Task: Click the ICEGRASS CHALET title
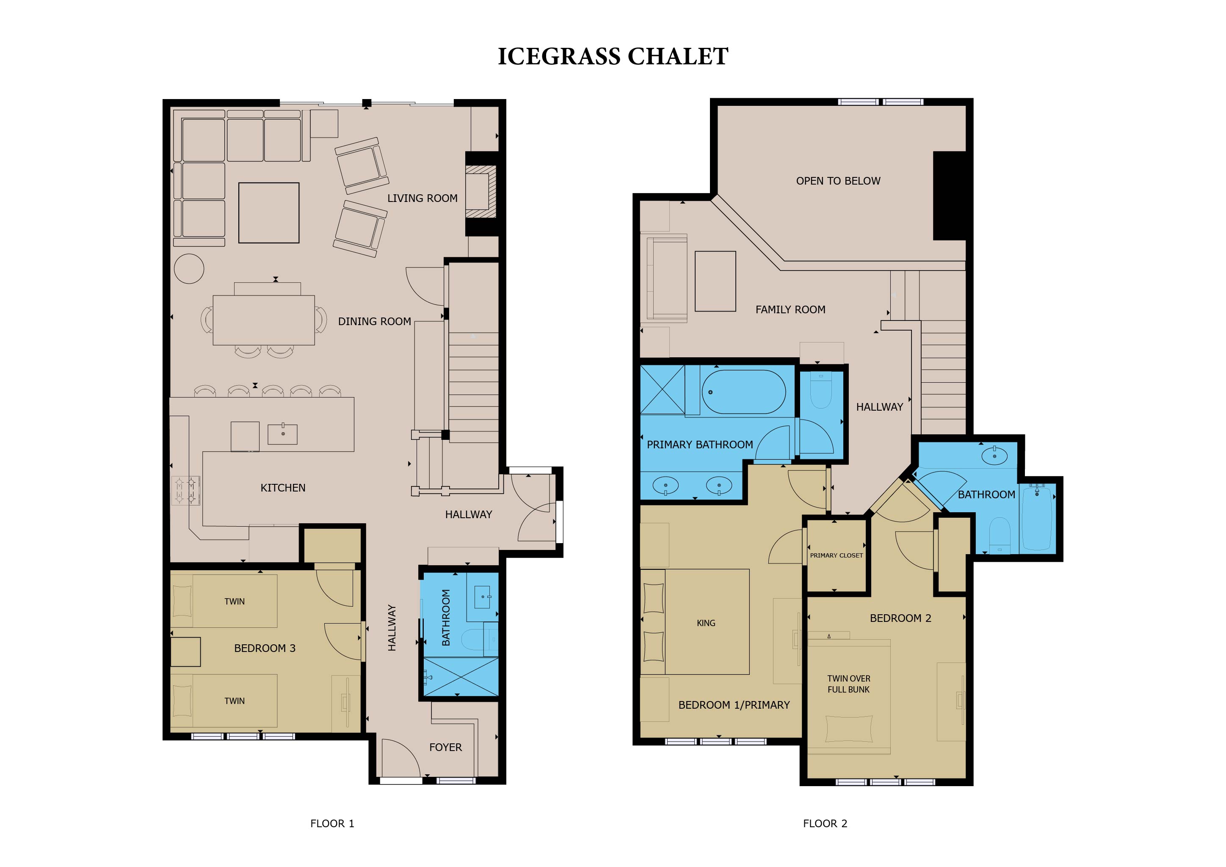click(x=613, y=56)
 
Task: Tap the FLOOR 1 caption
click(x=332, y=823)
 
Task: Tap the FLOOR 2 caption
click(x=825, y=823)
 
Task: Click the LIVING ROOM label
click(x=422, y=198)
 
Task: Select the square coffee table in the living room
click(x=268, y=213)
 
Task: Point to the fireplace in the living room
click(x=481, y=191)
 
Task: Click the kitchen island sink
click(x=282, y=433)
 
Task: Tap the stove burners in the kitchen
click(x=186, y=491)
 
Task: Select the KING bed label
click(x=706, y=623)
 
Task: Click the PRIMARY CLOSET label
click(x=836, y=555)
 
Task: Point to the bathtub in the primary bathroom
click(x=743, y=392)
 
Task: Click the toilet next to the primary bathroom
click(x=821, y=390)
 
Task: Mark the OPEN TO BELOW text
click(x=838, y=181)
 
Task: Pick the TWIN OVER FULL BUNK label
click(x=848, y=684)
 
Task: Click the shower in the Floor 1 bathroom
click(x=460, y=676)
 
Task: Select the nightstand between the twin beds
click(x=185, y=652)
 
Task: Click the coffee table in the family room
click(x=715, y=282)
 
